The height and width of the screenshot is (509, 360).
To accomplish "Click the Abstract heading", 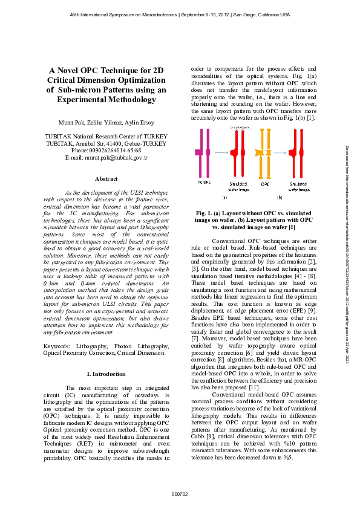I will [106, 178].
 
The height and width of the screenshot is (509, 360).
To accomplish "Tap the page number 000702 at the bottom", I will [180, 494].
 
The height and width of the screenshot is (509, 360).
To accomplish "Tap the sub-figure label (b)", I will [280, 197].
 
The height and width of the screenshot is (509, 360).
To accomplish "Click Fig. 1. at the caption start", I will [205, 213].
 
